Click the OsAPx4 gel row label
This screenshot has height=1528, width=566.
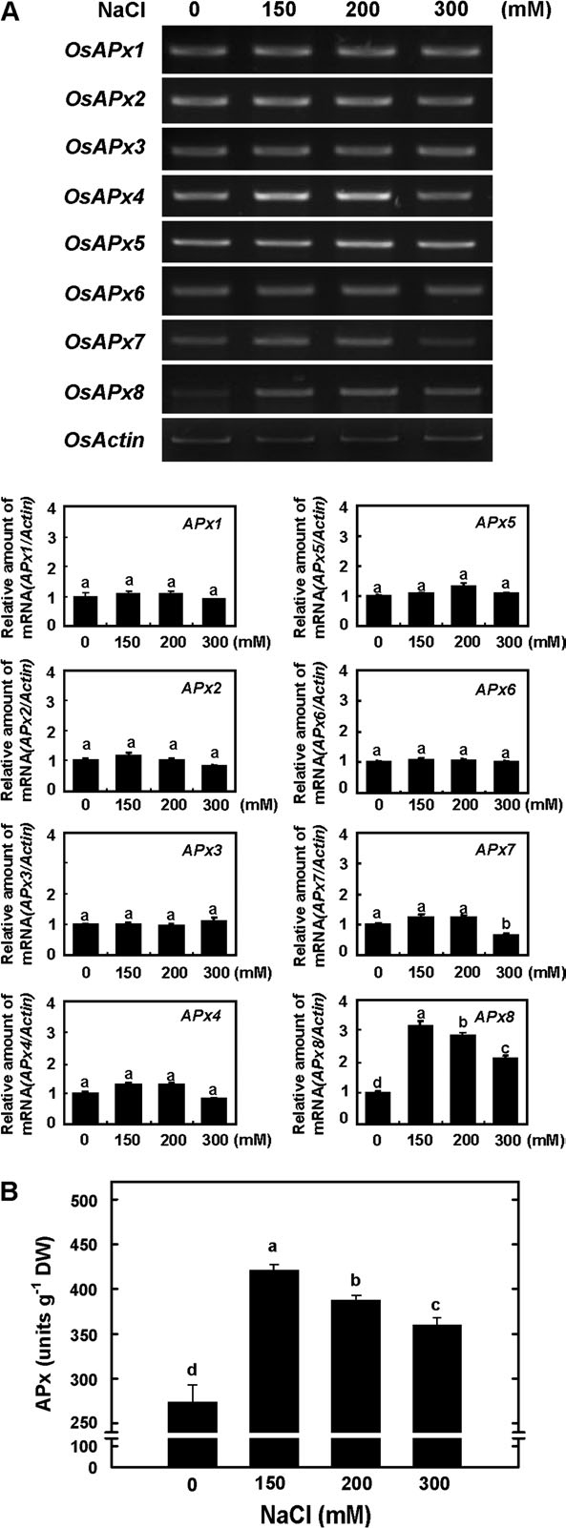(104, 196)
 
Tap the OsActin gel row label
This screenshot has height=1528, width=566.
(104, 440)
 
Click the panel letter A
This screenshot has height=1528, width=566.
(10, 10)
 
